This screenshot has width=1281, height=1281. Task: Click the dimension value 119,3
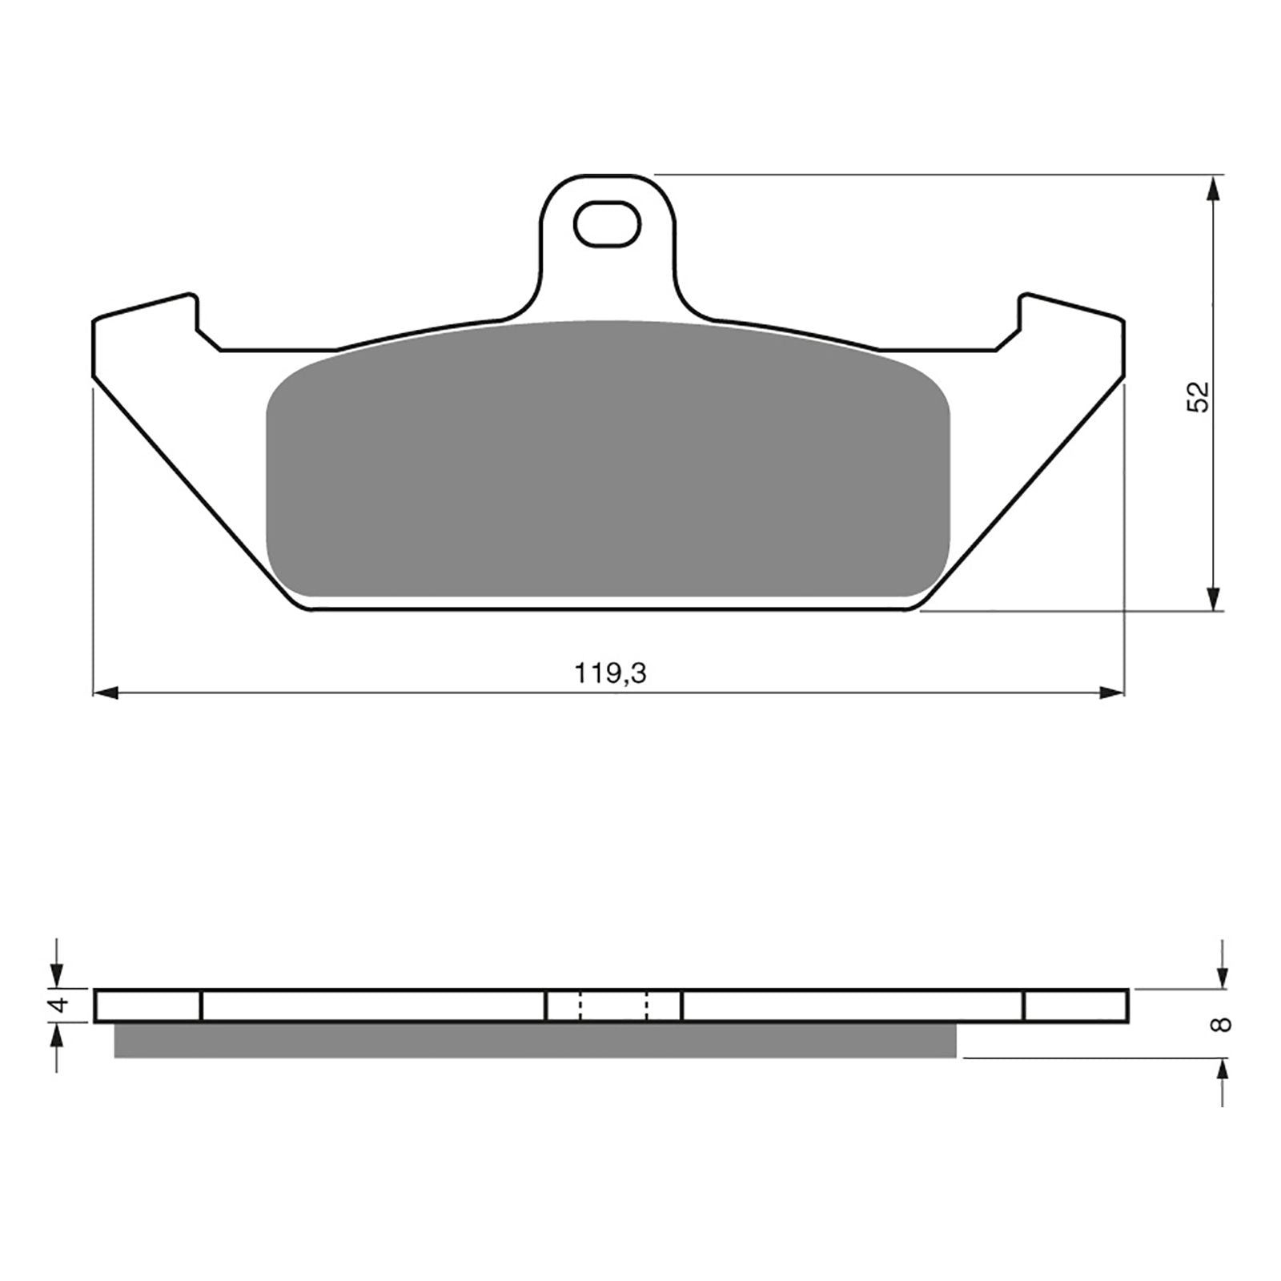(x=609, y=674)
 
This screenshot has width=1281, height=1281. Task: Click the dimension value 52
(x=1199, y=396)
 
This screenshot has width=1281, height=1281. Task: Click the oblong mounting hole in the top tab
(x=607, y=223)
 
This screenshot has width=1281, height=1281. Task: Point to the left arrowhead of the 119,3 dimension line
(x=106, y=693)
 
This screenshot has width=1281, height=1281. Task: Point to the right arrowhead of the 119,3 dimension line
(x=1112, y=693)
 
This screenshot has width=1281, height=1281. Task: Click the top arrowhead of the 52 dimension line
(x=1214, y=188)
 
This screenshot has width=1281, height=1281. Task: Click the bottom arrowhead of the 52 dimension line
(x=1214, y=599)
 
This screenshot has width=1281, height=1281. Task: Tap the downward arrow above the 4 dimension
(x=56, y=976)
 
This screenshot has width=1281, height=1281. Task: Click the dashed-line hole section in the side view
(x=613, y=1006)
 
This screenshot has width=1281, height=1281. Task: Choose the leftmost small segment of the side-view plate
(x=148, y=1006)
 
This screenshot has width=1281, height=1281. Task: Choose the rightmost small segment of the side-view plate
(x=1075, y=1006)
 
